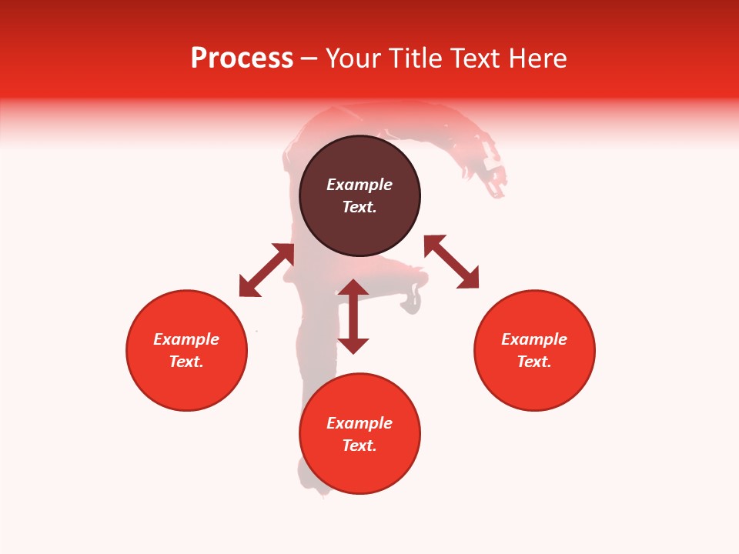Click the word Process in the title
point(242,58)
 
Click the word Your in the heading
point(354,58)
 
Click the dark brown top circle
point(359,231)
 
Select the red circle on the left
point(186,385)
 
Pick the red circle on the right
point(534,385)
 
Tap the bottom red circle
point(359,469)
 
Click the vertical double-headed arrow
point(353,316)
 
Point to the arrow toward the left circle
point(266,270)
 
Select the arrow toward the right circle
point(451,262)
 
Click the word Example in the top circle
point(359,185)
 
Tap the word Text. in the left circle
point(186,362)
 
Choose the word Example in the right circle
point(534,339)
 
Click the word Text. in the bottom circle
point(359,446)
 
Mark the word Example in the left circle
point(186,339)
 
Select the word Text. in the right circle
point(534,362)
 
